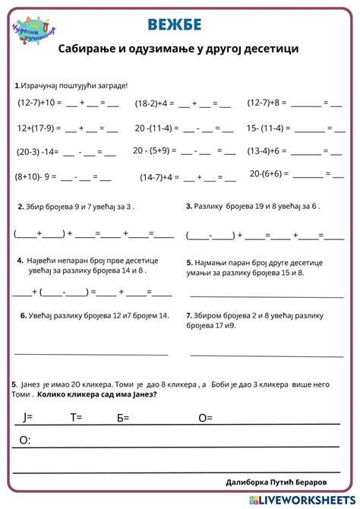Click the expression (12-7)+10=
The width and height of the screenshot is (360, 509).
[38, 103]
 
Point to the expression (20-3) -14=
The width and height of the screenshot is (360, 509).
[36, 152]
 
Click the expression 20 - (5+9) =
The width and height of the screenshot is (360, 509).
[156, 151]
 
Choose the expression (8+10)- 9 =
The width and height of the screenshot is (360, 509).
[36, 176]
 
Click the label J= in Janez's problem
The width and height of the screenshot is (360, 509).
[28, 416]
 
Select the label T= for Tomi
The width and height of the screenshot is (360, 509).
[76, 416]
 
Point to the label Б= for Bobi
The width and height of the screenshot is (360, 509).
[123, 417]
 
